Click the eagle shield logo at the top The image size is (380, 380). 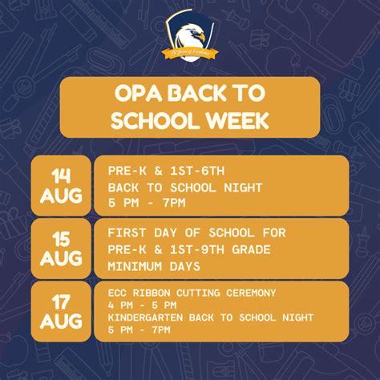[190, 38]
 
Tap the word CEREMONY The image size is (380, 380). [248, 292]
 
